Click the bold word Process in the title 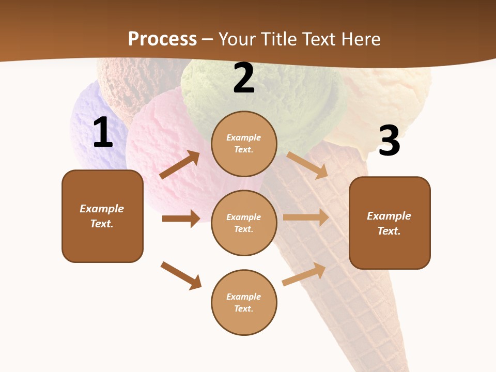tap(162, 39)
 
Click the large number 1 tap(103, 133)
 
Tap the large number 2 tap(244, 79)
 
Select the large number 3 tap(389, 142)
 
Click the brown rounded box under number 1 tap(102, 216)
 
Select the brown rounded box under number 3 tap(390, 223)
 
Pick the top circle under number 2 tap(244, 144)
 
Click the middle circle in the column tap(244, 223)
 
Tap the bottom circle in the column tap(244, 302)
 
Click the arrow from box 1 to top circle tap(180, 165)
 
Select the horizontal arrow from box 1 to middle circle tap(181, 219)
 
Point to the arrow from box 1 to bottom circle tap(181, 275)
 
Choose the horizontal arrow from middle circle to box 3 tap(306, 218)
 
